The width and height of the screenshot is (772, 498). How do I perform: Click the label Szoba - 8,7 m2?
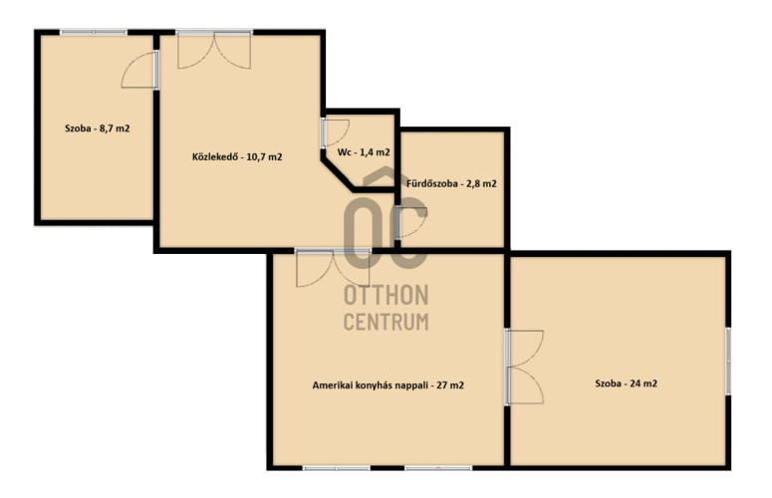pos(98,128)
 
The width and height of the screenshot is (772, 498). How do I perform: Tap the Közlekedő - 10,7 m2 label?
pos(237,157)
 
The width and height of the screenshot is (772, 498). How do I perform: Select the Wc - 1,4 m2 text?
pos(364,152)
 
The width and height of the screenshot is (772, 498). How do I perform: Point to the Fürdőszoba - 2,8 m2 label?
pos(451,183)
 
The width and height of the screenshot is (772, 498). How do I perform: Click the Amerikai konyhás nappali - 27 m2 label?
pos(387,385)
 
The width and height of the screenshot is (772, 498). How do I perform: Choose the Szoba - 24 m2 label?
pos(626,383)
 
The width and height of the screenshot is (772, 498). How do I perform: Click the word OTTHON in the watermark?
pos(386,295)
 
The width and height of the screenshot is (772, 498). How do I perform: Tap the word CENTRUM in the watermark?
pos(386,322)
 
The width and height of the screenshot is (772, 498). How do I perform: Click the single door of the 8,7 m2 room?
pos(140,70)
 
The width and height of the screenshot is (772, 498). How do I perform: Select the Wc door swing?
pos(336,132)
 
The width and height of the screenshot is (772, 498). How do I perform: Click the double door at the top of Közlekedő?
pos(214,50)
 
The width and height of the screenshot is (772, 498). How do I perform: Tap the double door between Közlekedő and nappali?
pos(333,268)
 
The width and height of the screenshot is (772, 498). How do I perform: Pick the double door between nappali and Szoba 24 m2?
pos(524,368)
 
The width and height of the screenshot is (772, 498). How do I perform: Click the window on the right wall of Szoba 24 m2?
pos(728,361)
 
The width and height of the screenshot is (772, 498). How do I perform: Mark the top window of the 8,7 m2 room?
pos(94,33)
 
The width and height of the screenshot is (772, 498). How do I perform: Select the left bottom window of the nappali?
pos(337,468)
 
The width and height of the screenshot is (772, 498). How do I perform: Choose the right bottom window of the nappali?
pos(438,468)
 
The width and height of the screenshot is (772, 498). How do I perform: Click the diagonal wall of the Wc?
pos(338,172)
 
